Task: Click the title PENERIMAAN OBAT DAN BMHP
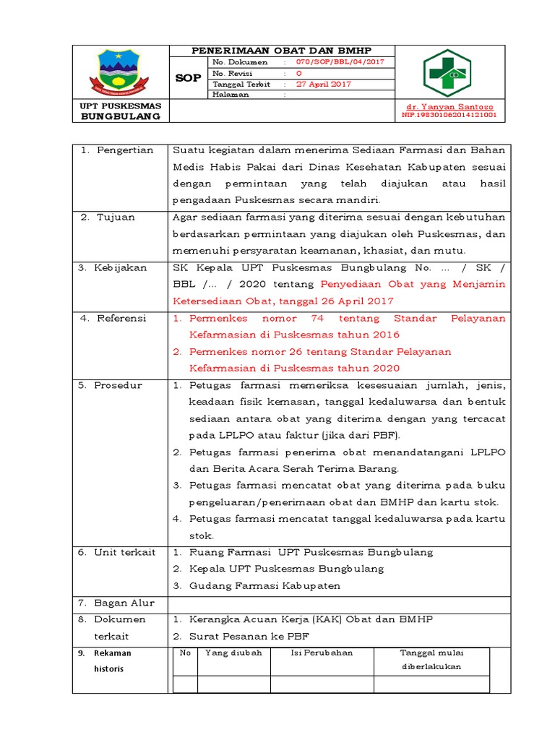[280, 51]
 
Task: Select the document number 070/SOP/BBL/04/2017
[336, 62]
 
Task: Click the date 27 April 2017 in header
[324, 84]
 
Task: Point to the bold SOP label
[188, 78]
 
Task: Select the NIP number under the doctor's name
[449, 114]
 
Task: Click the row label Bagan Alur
[123, 603]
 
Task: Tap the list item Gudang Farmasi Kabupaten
[264, 585]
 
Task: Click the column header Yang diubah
[233, 653]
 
